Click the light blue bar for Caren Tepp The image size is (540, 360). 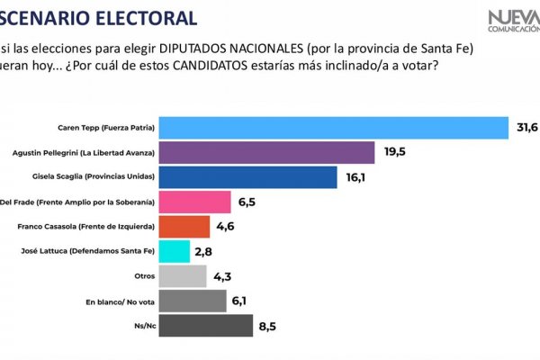[x=333, y=128]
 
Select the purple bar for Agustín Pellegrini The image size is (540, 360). [x=266, y=152]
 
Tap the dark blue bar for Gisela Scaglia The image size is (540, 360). [x=247, y=177]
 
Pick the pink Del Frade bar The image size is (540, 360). [x=194, y=202]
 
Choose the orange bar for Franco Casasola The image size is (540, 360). [x=184, y=226]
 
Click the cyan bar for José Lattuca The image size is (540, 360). [x=175, y=251]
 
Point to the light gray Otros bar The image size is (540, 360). [x=183, y=275]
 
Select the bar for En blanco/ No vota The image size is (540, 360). [x=193, y=300]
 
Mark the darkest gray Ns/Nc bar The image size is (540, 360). [x=205, y=325]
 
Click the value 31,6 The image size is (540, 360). [x=526, y=128]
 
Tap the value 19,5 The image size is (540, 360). [x=393, y=151]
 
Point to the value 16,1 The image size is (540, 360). [x=355, y=176]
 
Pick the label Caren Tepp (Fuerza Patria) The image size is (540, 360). [x=105, y=129]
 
